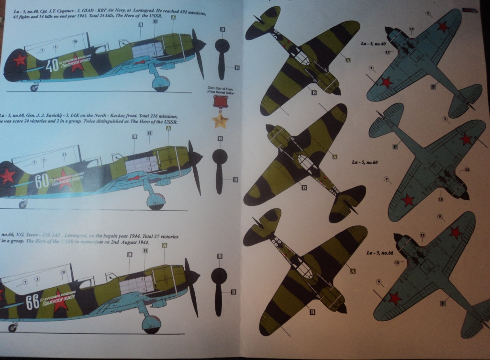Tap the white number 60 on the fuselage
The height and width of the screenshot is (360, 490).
[x=42, y=181]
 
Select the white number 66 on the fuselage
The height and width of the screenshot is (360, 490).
[x=33, y=303]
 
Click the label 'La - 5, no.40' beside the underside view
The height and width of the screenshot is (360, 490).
[x=373, y=44]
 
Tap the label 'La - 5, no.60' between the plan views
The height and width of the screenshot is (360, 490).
[x=365, y=163]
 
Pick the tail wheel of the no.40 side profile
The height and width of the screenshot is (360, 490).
[x=34, y=88]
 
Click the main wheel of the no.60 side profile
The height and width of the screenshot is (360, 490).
[x=156, y=201]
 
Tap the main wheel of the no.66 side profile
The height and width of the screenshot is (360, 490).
[x=152, y=324]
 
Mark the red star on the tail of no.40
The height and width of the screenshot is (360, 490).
[x=19, y=59]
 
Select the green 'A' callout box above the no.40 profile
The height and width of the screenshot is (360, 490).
[x=173, y=17]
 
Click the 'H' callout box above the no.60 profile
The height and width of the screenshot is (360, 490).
[x=150, y=133]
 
